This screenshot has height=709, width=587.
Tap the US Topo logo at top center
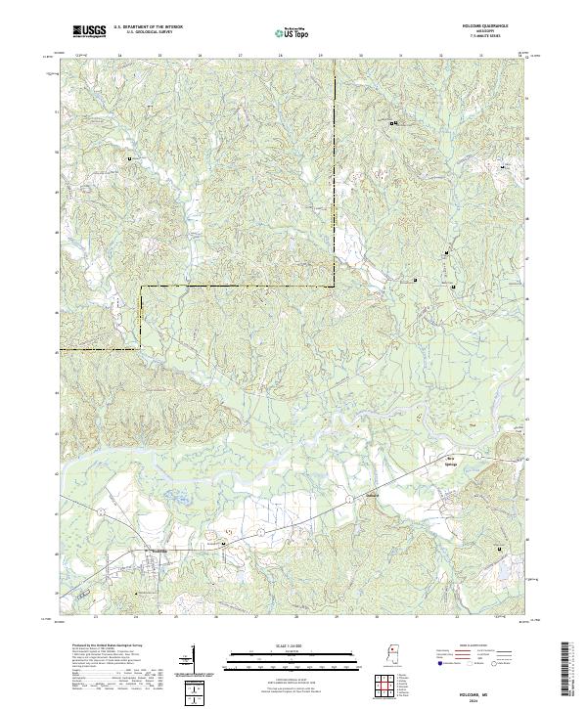[293, 32]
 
